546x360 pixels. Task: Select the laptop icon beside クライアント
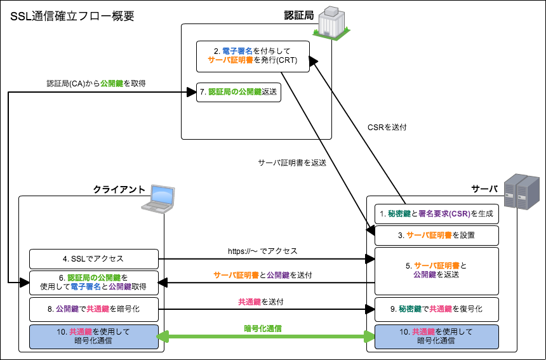click(x=158, y=199)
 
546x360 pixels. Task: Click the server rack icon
click(x=520, y=193)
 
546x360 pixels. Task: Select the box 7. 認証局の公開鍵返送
click(x=238, y=92)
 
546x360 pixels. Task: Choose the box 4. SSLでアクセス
click(x=93, y=258)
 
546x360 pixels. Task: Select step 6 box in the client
click(x=93, y=282)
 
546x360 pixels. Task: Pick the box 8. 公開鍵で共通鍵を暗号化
click(x=93, y=309)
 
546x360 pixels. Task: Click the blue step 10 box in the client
click(x=93, y=337)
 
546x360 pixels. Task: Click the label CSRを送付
click(x=387, y=127)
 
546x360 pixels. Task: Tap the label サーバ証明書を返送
click(x=292, y=163)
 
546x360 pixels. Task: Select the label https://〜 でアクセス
click(x=263, y=251)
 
